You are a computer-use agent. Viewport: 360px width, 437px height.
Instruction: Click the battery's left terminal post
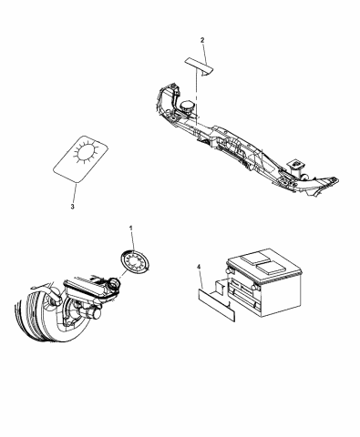(224, 270)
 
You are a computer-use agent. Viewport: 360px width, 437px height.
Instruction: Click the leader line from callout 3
(71, 189)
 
